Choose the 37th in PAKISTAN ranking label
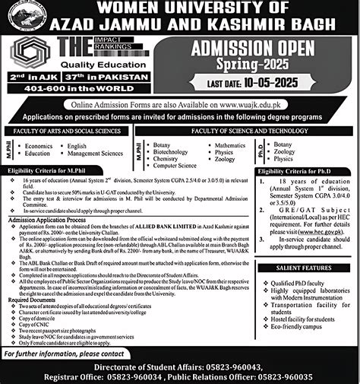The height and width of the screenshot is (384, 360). pos(122,78)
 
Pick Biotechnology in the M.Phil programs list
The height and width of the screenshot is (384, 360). pos(170,151)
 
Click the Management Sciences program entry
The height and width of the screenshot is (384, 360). pos(95,153)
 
